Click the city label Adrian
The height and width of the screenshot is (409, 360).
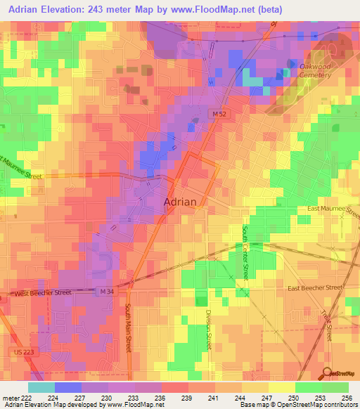click(x=185, y=201)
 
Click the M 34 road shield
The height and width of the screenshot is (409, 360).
click(x=105, y=290)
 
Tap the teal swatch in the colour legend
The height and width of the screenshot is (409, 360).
click(x=41, y=387)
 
